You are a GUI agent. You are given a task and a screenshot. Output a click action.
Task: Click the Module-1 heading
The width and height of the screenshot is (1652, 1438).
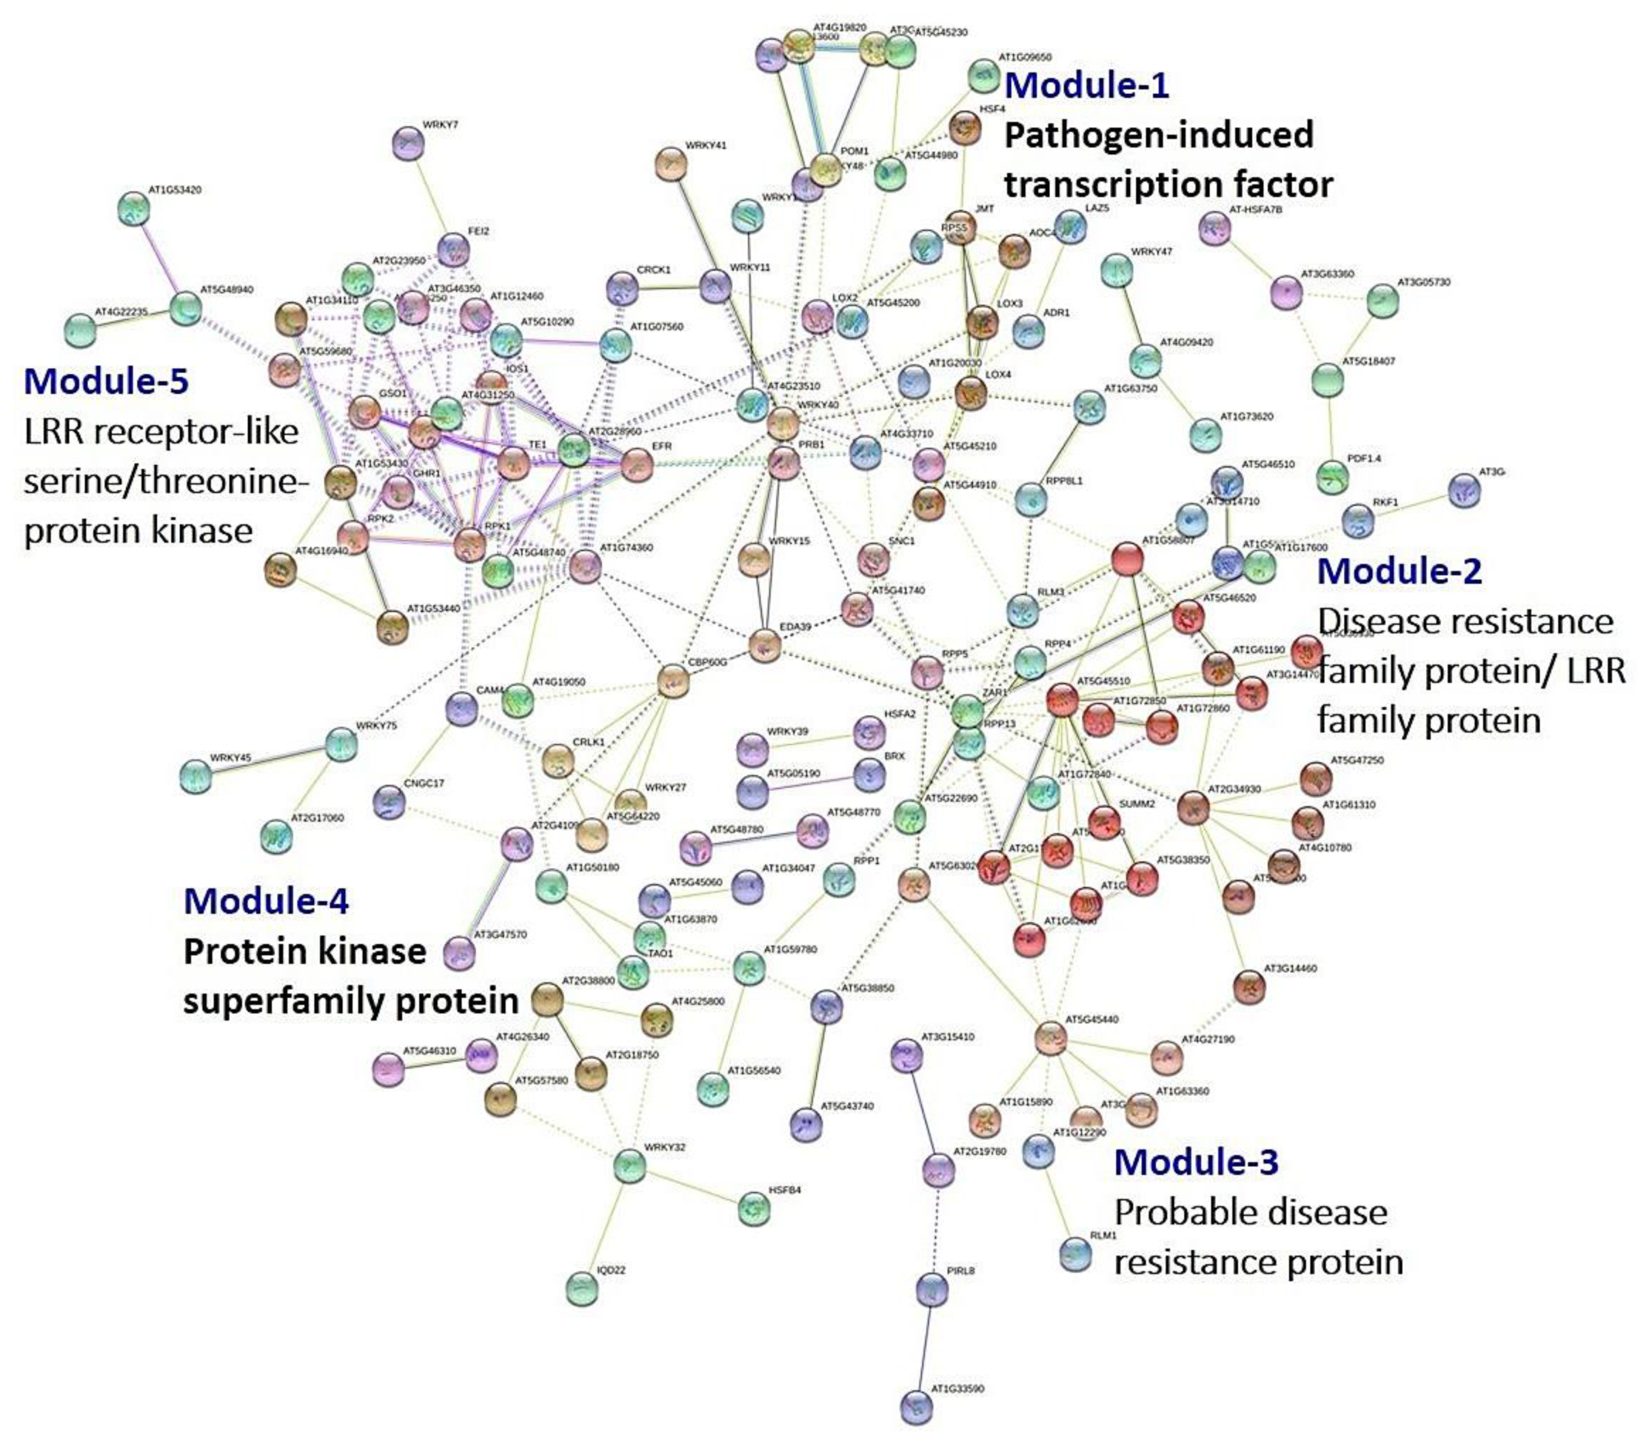pyautogui.click(x=1087, y=85)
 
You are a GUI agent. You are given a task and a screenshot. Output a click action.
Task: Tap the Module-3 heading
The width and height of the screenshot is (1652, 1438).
pyautogui.click(x=1196, y=1161)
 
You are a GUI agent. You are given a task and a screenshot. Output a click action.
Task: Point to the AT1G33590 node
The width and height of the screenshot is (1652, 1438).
pyautogui.click(x=916, y=1406)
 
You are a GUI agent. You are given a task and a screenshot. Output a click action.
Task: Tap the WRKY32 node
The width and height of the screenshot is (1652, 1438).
pyautogui.click(x=630, y=1165)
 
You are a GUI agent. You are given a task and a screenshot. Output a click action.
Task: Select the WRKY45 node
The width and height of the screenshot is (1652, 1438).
pyautogui.click(x=195, y=776)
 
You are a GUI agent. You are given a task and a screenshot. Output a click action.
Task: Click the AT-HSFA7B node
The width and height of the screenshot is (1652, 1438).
pyautogui.click(x=1214, y=229)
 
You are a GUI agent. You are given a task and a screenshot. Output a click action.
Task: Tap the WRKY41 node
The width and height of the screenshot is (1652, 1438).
pyautogui.click(x=670, y=164)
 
